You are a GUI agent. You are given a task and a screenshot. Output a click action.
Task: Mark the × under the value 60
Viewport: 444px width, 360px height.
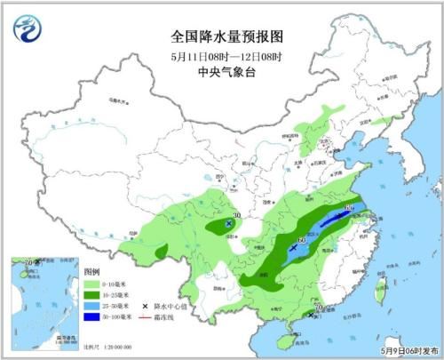click(x=293, y=249)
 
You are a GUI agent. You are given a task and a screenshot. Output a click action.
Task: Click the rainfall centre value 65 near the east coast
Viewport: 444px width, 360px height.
click(x=349, y=210)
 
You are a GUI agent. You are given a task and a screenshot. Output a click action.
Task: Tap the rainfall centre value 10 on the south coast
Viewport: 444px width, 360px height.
click(x=318, y=308)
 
